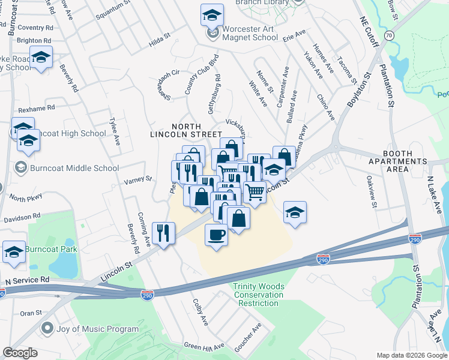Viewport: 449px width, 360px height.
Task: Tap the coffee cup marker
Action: tap(217, 234)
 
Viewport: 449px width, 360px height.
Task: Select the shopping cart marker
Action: tap(255, 193)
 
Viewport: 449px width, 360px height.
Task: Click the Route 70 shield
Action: tap(390, 36)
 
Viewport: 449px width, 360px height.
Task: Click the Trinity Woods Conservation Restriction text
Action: tap(258, 295)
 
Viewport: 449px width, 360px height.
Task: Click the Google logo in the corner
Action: tap(20, 353)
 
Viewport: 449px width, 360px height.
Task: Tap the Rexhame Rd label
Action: tap(37, 107)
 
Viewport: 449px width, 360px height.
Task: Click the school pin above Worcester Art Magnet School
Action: tap(212, 15)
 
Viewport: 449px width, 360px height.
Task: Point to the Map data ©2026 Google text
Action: tap(411, 355)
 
